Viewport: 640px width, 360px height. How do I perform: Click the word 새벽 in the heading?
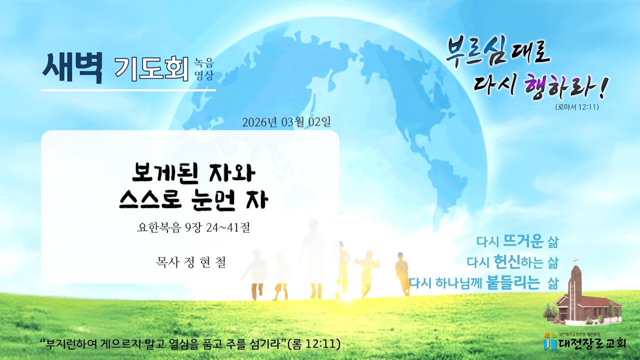72,68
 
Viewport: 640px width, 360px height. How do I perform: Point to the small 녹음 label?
204,63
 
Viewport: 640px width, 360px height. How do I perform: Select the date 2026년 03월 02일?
286,122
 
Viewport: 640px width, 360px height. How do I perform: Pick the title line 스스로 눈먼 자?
194,200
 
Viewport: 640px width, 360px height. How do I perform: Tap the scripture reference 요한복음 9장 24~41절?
193,228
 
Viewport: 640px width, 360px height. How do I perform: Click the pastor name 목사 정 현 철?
191,262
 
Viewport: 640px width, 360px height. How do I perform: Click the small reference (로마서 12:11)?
576,106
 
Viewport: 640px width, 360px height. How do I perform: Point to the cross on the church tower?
575,260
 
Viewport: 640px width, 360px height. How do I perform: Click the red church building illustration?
586,300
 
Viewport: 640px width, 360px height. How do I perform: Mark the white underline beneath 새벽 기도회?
128,90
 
